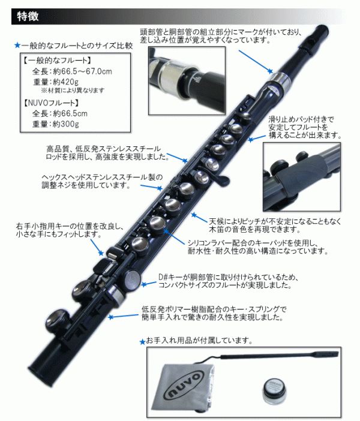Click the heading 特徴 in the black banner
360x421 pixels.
click(x=28, y=16)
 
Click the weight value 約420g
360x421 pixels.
click(x=65, y=82)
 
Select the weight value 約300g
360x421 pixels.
click(x=66, y=124)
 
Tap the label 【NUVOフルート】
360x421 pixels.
click(x=51, y=103)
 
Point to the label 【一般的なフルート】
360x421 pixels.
click(x=58, y=60)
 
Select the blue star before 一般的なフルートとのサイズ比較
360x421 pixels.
click(x=17, y=46)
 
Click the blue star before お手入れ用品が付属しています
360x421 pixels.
click(x=143, y=342)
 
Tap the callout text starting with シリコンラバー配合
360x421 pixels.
click(x=257, y=247)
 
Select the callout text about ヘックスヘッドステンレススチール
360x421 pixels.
click(x=102, y=181)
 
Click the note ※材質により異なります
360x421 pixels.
click(x=73, y=91)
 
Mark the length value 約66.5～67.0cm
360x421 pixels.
click(x=82, y=71)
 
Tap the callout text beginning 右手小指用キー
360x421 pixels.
click(x=70, y=230)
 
